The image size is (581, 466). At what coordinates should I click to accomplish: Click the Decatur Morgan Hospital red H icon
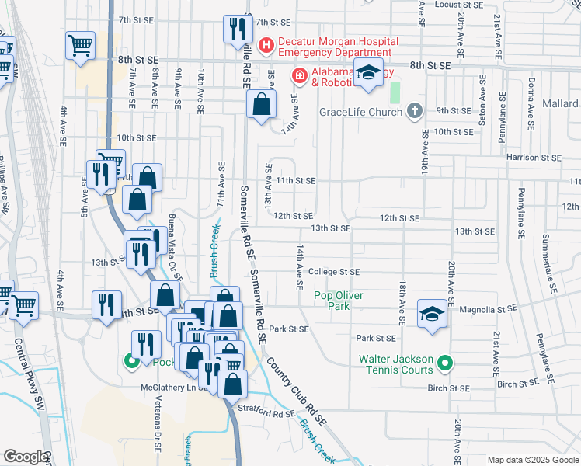click(266, 46)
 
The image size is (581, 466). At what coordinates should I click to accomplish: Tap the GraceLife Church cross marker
click(415, 112)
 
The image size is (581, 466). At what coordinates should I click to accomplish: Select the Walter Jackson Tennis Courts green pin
click(444, 363)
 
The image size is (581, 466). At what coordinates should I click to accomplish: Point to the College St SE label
click(334, 272)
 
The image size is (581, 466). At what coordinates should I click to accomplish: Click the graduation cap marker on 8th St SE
click(369, 73)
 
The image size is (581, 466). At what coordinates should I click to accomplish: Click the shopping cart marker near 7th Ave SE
click(80, 45)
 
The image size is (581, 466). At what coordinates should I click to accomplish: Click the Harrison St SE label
click(534, 158)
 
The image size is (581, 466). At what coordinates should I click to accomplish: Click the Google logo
click(24, 457)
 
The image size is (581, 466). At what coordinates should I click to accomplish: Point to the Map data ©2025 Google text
click(532, 460)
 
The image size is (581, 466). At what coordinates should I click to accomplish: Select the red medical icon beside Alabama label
click(298, 75)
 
